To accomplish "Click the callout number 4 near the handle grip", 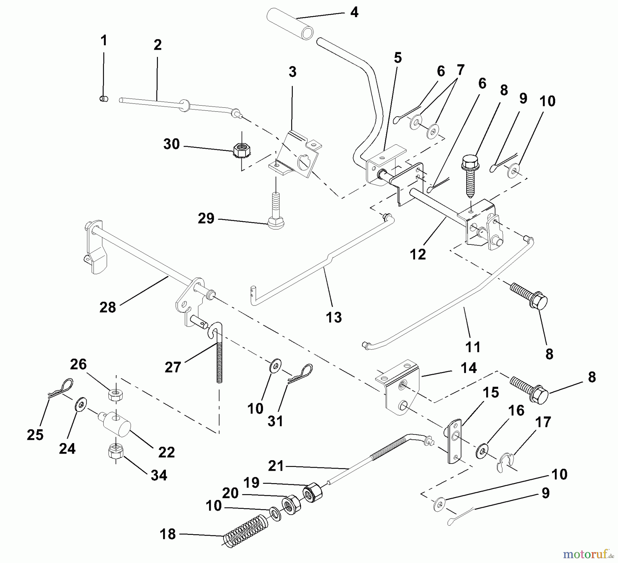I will pos(354,13).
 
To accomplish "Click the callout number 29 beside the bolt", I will pos(206,218).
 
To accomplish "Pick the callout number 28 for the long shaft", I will pos(107,307).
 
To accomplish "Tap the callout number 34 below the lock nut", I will pos(159,475).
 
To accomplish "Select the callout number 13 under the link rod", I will pos(334,317).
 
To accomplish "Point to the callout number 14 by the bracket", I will pos(469,368).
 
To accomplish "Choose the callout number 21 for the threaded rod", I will pos(276,466).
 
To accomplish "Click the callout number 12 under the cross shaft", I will pos(417,254).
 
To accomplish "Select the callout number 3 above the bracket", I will pos(292,72).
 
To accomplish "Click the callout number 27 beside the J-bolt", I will pos(173,367).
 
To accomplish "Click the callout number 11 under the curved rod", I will pos(473,347).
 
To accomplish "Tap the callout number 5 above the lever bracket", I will pos(398,58).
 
